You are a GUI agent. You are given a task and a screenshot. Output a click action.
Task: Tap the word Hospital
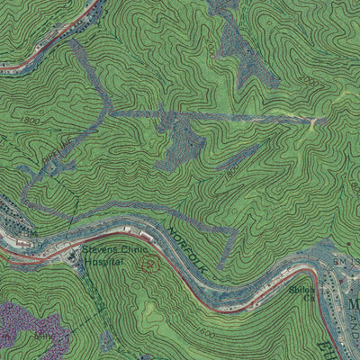[103, 263]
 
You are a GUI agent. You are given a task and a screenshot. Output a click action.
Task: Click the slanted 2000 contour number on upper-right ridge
[310, 80]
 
